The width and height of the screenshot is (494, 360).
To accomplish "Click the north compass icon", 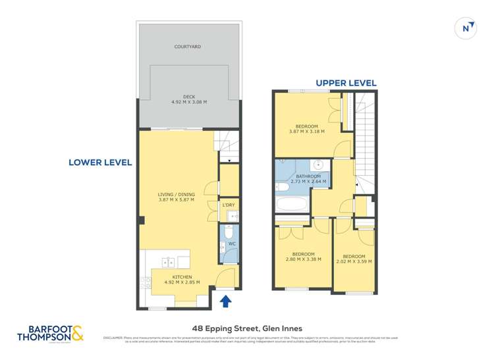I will (466, 28).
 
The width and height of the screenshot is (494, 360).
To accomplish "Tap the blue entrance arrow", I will (225, 301).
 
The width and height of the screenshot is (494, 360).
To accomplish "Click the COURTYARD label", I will (188, 47).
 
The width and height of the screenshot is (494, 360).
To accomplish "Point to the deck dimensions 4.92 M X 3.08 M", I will (189, 102).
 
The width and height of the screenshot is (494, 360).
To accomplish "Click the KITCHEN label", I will (182, 277).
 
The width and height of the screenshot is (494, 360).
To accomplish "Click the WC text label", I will (232, 245).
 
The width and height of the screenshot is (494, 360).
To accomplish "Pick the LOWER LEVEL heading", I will (101, 162).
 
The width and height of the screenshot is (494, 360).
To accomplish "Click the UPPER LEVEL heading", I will (346, 83).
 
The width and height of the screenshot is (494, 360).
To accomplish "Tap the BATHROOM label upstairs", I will (308, 176).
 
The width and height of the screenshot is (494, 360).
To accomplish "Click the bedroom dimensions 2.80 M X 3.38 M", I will (302, 259).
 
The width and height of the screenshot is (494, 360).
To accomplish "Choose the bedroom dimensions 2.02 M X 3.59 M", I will (354, 261).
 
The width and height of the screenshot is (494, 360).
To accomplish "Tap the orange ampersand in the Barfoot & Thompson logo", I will (78, 334).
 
